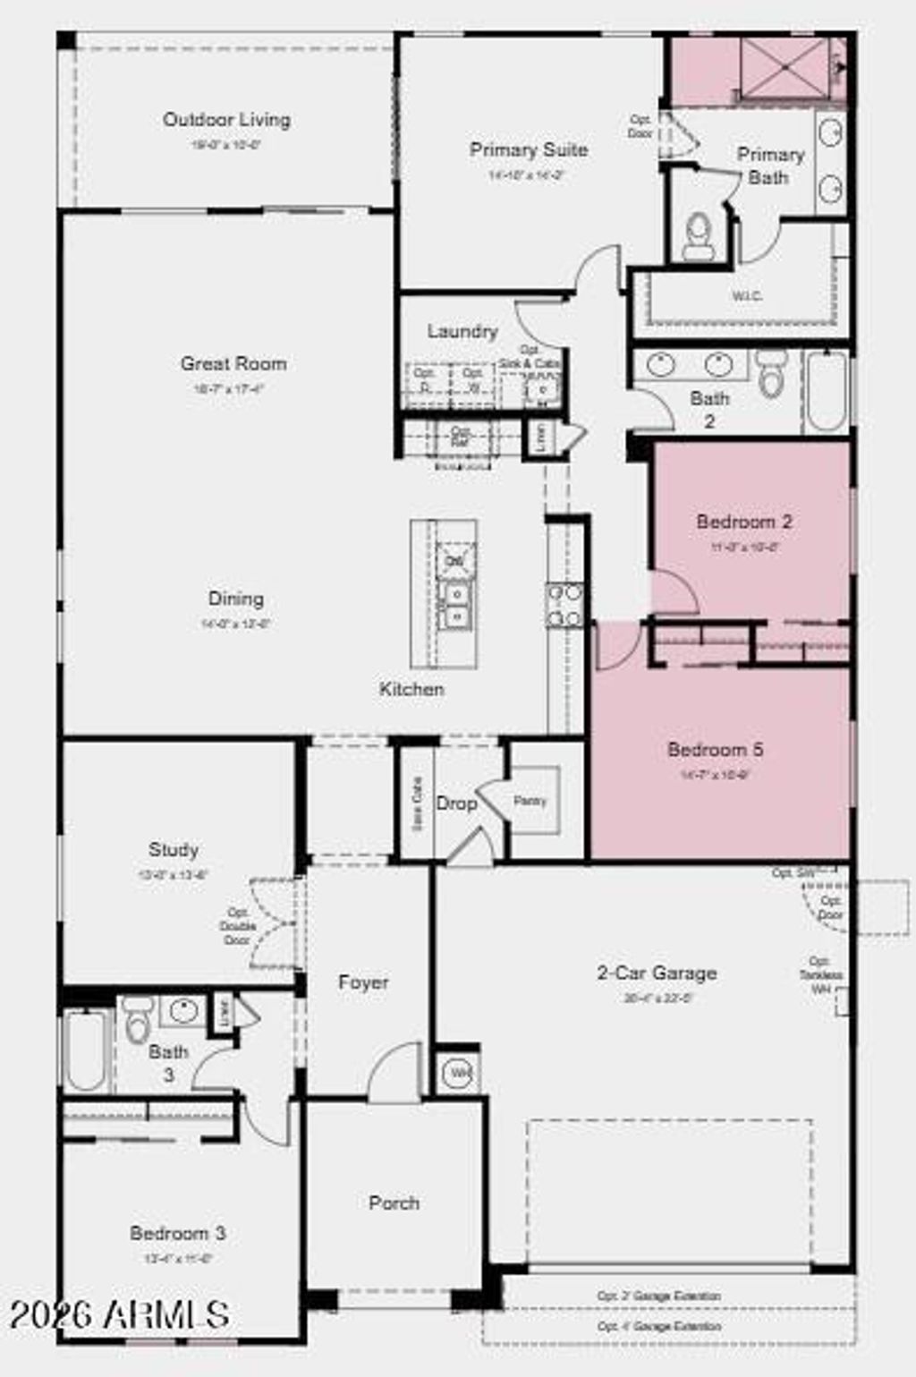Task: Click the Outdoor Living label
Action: (x=226, y=120)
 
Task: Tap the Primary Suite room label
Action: (x=529, y=150)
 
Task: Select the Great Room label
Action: (x=233, y=364)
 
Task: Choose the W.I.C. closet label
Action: (x=748, y=296)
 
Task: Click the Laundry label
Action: (x=462, y=332)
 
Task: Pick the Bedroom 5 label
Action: (x=715, y=750)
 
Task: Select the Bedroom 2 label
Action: (x=744, y=522)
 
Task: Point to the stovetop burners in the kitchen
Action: (x=564, y=605)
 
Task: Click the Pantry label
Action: (x=530, y=801)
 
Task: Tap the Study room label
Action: (x=174, y=850)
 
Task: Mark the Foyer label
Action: (x=363, y=982)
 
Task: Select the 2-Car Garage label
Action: (x=657, y=973)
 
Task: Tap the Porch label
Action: (x=394, y=1203)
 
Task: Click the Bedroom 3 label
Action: (x=177, y=1234)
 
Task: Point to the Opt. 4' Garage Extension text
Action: (x=658, y=1327)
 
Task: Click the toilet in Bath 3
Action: (x=138, y=1022)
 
